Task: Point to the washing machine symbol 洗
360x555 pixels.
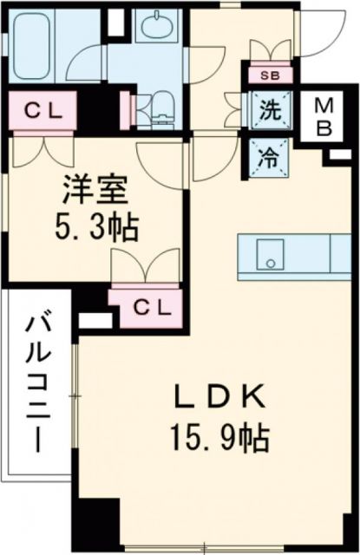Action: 269,111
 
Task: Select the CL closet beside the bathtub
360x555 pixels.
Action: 41,110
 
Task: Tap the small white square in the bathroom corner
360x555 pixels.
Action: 117,16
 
